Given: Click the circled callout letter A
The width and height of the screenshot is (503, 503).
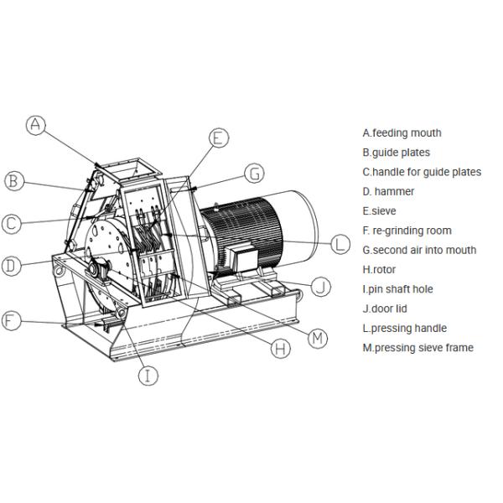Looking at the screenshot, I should point(35,126).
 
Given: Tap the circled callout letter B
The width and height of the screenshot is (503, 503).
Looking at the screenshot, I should point(13,180).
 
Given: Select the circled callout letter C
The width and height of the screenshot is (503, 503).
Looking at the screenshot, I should point(11,224).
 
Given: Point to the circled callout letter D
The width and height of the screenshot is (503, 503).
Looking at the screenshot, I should point(11,267).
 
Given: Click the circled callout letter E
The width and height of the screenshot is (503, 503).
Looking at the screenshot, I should point(218,138).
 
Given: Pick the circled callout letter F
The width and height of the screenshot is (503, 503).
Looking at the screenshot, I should point(11,320).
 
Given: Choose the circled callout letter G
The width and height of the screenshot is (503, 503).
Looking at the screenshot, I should point(254,174).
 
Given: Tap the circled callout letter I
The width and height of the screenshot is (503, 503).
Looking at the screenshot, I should point(148,376).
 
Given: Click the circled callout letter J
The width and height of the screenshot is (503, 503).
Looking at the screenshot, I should point(321,287).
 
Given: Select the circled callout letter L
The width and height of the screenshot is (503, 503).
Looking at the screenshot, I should point(339,244).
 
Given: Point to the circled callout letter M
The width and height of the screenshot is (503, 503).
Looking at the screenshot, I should point(317,337).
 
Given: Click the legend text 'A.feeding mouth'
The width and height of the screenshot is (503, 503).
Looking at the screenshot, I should point(402,132).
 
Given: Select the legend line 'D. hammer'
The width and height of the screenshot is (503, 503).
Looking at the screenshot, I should point(388,191).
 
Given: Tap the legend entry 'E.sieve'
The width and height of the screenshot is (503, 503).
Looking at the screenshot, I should point(379,211).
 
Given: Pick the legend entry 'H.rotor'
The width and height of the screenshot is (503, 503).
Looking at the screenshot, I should point(379,270).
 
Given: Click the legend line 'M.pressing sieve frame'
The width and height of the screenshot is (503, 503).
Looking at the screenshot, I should point(417,348).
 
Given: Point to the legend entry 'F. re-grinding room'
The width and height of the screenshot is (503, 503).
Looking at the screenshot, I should point(407,231).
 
